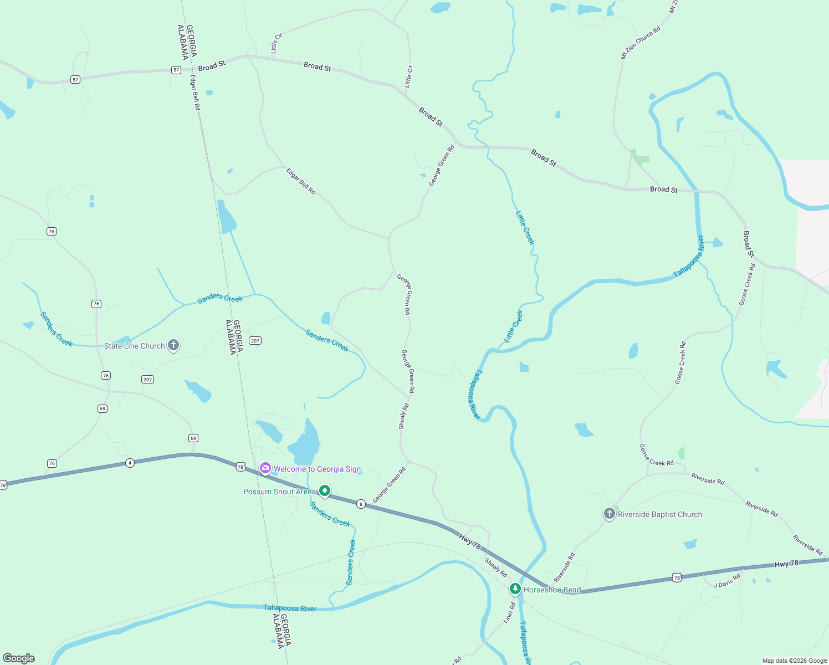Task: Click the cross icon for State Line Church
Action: click(x=173, y=345)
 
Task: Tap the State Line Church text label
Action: click(x=135, y=346)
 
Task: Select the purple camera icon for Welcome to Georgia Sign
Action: click(x=265, y=469)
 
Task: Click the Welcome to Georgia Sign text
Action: click(x=317, y=469)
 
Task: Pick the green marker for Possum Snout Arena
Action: click(x=325, y=491)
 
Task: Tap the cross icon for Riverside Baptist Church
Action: click(x=610, y=514)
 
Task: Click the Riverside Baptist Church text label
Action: click(x=660, y=515)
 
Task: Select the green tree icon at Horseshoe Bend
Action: click(x=515, y=589)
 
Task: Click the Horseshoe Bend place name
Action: click(x=552, y=590)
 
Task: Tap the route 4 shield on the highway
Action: click(x=130, y=463)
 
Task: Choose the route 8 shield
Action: click(x=361, y=504)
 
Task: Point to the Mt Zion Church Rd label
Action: click(x=641, y=43)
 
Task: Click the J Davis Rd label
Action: click(x=726, y=581)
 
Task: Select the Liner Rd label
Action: click(x=509, y=613)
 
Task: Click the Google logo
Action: click(x=19, y=658)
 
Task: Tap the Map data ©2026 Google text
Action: click(x=795, y=661)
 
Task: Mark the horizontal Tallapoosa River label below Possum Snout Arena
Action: click(x=290, y=608)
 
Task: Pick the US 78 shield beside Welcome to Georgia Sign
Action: click(x=240, y=467)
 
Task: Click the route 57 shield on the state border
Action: click(x=176, y=70)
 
